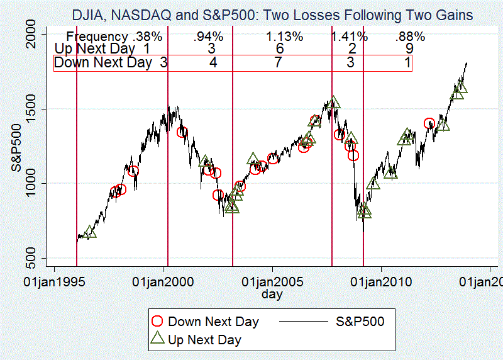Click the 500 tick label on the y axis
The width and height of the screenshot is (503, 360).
point(31,258)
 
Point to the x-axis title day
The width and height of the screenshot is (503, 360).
point(272,294)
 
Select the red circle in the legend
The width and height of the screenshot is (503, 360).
point(158,322)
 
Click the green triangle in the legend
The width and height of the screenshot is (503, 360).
point(158,339)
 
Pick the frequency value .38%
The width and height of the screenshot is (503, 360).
point(147,37)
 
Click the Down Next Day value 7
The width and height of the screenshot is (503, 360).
point(279,62)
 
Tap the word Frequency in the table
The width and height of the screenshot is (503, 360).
point(97,37)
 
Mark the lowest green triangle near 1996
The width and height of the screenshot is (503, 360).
point(91,232)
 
